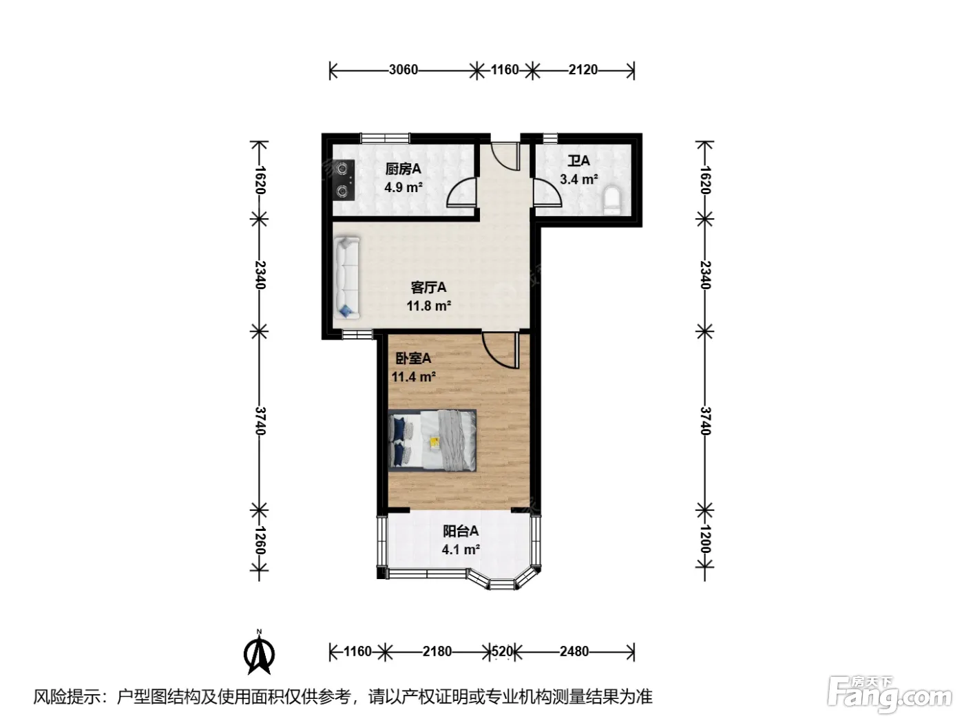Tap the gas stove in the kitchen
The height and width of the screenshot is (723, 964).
(344, 180)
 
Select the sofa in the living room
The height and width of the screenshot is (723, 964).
(347, 277)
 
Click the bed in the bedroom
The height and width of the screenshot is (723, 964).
(432, 440)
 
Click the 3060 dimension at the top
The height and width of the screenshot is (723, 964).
(404, 70)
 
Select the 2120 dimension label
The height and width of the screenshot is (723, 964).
(583, 70)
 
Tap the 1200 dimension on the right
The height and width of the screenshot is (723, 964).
(704, 538)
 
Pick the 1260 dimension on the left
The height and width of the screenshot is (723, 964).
(260, 540)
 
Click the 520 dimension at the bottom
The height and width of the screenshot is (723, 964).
(502, 651)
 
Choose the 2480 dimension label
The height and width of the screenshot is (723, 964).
(574, 651)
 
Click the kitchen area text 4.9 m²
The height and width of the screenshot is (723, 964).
(404, 187)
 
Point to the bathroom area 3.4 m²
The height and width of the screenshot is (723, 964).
(578, 180)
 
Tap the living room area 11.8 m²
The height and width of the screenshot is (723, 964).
(429, 306)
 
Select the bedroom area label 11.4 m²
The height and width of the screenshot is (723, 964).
(413, 377)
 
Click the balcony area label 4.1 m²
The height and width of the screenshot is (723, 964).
(460, 549)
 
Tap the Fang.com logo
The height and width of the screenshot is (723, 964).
(890, 695)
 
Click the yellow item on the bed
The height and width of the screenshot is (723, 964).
(434, 441)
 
